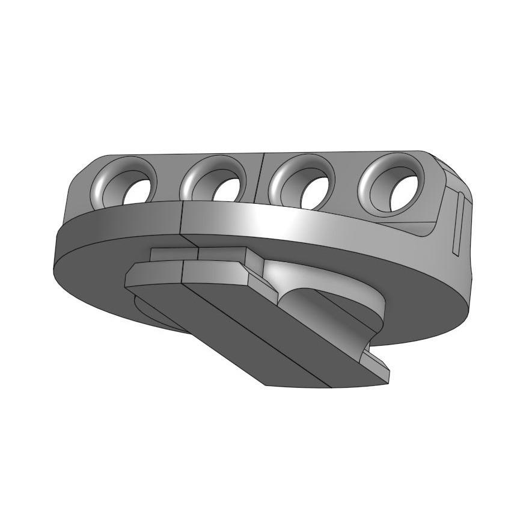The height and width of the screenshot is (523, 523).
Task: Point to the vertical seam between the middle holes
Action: [262, 177]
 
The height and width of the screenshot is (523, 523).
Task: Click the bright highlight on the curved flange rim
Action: [289, 222]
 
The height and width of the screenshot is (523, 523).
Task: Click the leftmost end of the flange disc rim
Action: [56, 252]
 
